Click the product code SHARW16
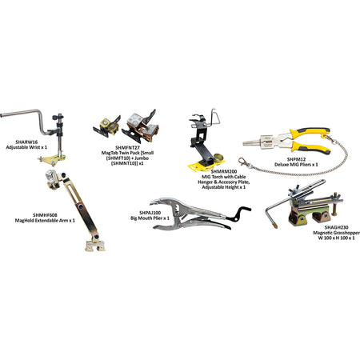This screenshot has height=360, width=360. (x=26, y=142)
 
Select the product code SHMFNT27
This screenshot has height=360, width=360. (x=127, y=147)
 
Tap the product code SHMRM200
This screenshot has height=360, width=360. (x=224, y=171)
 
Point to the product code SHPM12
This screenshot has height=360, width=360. (x=296, y=159)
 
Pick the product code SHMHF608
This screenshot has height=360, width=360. (x=45, y=215)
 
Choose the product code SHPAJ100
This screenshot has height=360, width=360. (x=150, y=213)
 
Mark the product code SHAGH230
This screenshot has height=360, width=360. (x=337, y=227)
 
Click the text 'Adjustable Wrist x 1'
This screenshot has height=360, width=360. (x=26, y=147)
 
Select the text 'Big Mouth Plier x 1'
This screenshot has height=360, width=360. (x=150, y=218)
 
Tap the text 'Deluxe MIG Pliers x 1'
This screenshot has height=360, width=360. (x=296, y=165)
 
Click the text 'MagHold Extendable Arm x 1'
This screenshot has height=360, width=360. (x=45, y=221)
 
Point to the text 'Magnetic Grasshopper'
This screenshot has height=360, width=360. (x=337, y=233)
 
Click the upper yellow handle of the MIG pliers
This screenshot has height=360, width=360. (x=310, y=133)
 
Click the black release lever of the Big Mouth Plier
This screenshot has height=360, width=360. (x=238, y=214)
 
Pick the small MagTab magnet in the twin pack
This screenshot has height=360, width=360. (x=107, y=126)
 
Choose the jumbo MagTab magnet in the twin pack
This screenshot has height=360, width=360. (x=140, y=126)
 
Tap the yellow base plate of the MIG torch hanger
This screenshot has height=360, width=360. (x=206, y=166)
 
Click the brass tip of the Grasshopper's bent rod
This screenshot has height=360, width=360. (x=274, y=226)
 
